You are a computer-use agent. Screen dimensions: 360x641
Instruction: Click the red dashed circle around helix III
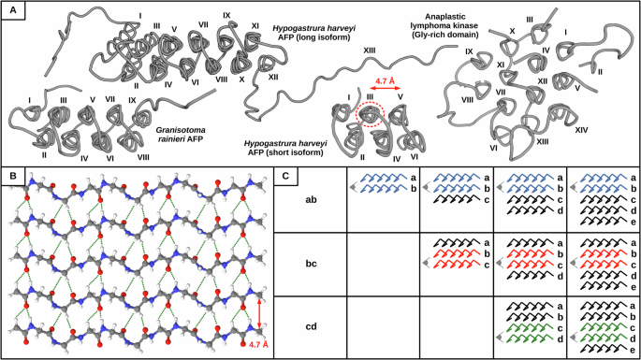point(371,114)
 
